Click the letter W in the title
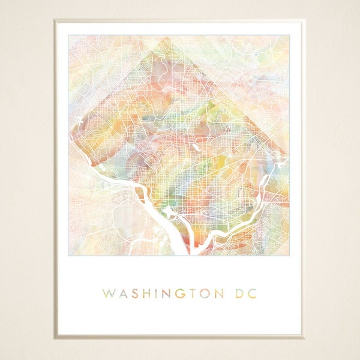(x=110, y=293)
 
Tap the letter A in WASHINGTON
(x=125, y=293)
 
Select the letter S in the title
(x=137, y=293)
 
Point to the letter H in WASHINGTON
(x=150, y=293)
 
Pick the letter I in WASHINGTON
(x=161, y=293)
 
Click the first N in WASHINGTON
(x=172, y=293)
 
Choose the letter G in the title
(x=186, y=293)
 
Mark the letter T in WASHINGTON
(x=199, y=293)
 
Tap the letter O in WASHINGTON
(x=212, y=293)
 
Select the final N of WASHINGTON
(x=227, y=293)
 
